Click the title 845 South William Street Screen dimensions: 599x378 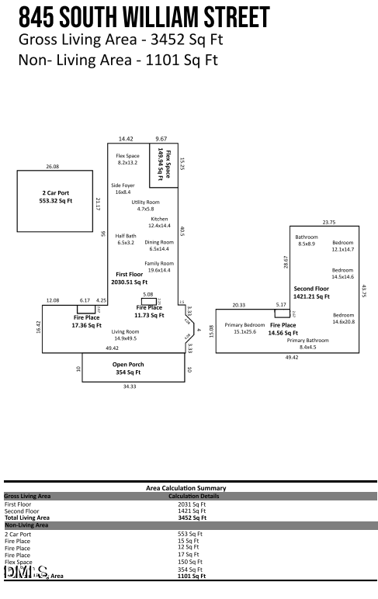[x=144, y=16]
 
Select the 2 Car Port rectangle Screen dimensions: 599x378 [x=56, y=200]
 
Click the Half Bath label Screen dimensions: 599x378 [x=126, y=239]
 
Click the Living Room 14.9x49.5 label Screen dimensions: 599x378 [x=125, y=334]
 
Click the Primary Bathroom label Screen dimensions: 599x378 [x=308, y=344]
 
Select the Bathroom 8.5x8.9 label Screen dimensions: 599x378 [x=306, y=240]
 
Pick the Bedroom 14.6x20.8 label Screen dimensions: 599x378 [x=342, y=318]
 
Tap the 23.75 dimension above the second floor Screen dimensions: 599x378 [x=328, y=223]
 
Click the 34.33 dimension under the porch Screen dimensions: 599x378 [x=130, y=386]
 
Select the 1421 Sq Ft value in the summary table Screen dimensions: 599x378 [x=192, y=511]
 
